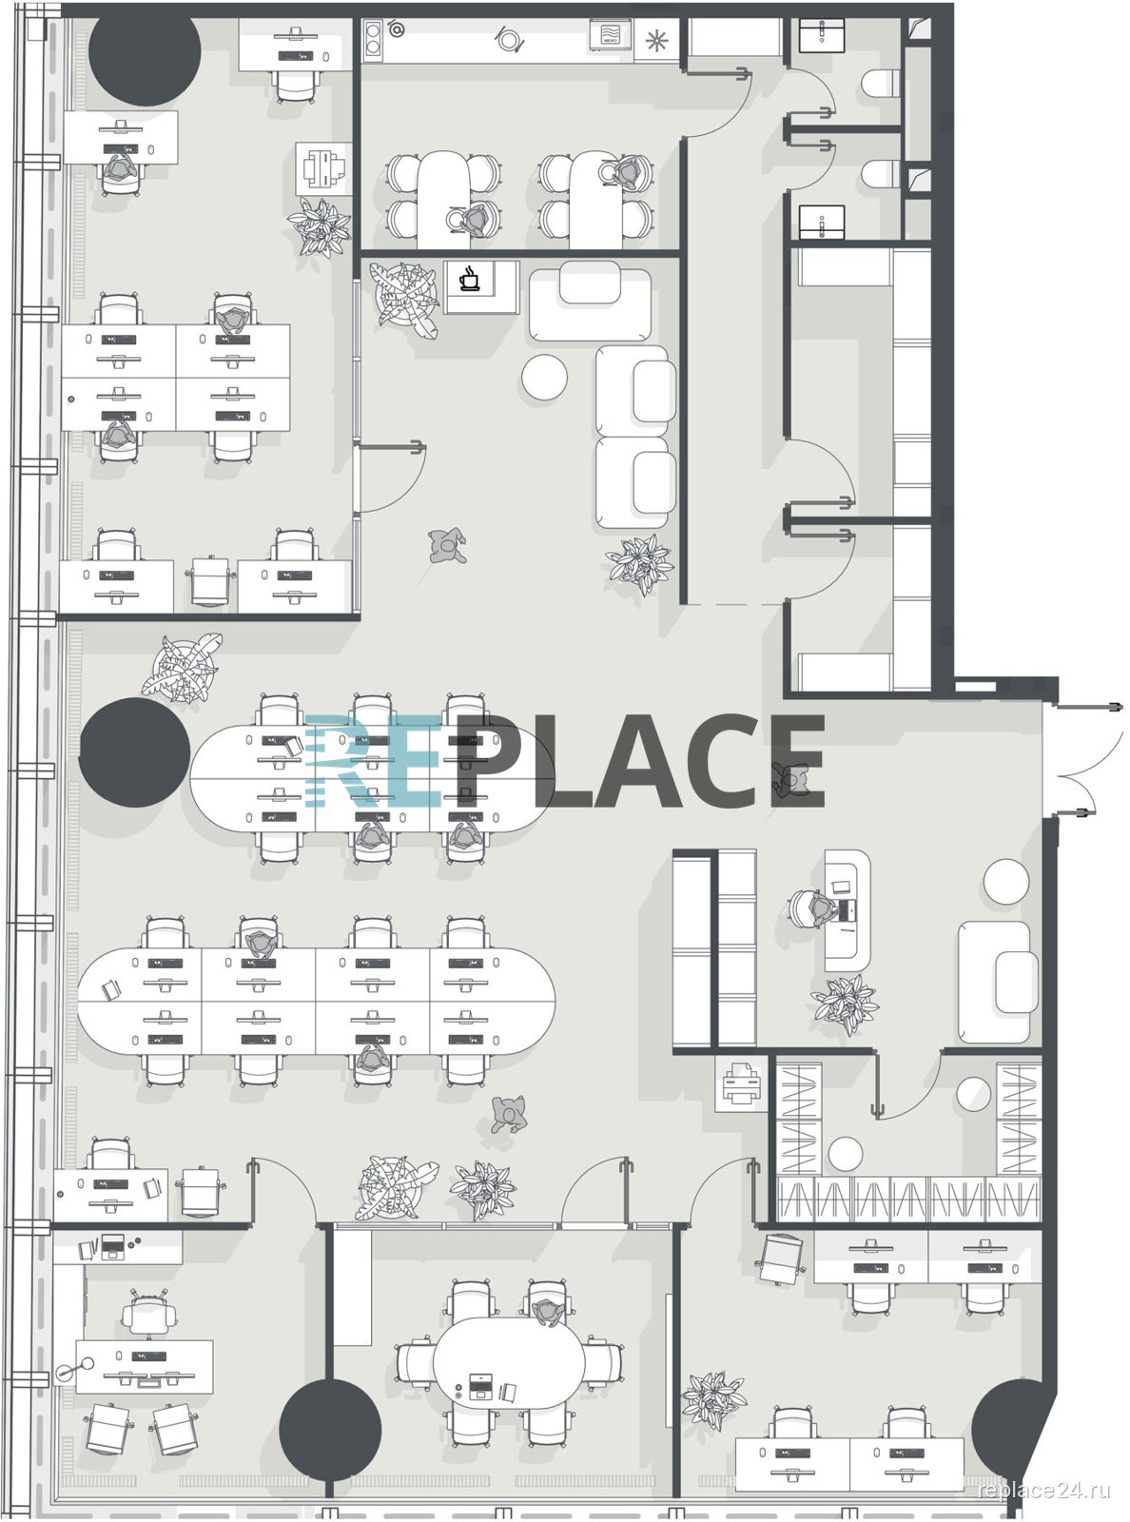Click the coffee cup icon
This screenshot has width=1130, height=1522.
(x=471, y=279)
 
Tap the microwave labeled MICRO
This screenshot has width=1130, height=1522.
(x=610, y=35)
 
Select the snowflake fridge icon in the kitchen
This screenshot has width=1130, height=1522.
(x=656, y=41)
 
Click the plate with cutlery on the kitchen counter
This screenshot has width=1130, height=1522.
(x=508, y=40)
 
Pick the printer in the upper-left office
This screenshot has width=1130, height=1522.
(x=323, y=168)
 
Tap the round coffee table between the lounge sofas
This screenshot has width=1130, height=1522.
(x=544, y=376)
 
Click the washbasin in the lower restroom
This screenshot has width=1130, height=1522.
(x=821, y=221)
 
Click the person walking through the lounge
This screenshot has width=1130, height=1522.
(x=447, y=546)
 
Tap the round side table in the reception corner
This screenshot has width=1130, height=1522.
(x=1005, y=881)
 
